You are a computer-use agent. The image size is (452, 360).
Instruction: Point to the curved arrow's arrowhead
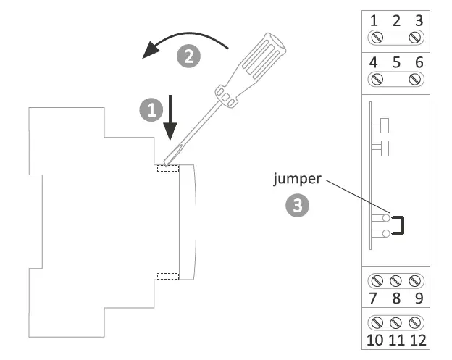click(x=151, y=51)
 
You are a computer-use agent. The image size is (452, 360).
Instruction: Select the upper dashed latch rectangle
click(x=168, y=168)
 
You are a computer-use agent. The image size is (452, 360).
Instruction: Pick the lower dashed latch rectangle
click(x=168, y=276)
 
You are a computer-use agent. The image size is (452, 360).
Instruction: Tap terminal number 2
click(x=396, y=20)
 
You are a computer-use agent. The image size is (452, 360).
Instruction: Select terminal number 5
click(x=396, y=62)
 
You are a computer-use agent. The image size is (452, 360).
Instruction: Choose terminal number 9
click(x=417, y=296)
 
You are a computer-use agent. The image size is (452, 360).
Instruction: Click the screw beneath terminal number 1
click(x=376, y=37)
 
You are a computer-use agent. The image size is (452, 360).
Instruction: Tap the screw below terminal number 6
click(x=417, y=79)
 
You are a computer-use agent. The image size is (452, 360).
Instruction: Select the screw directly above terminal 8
click(x=396, y=280)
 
